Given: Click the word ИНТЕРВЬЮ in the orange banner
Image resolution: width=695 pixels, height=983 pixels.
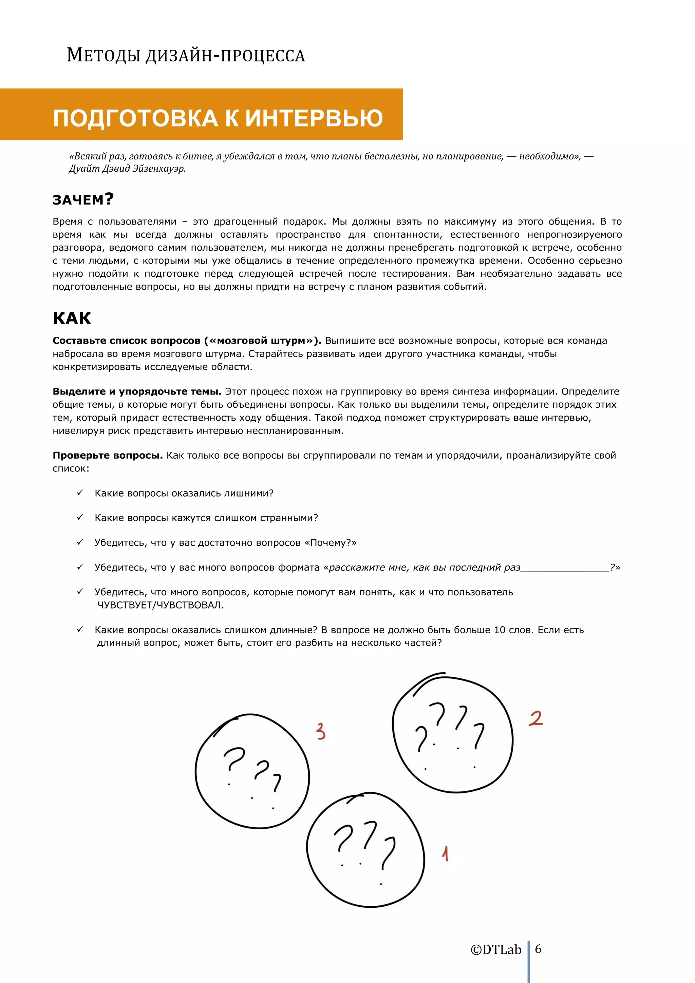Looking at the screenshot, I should tap(314, 118).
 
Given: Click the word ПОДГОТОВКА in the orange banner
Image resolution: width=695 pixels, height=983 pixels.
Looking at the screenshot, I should tap(135, 118).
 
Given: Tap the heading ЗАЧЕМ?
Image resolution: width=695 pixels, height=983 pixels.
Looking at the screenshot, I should tap(83, 199).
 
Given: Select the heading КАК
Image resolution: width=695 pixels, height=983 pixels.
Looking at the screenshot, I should tap(72, 319).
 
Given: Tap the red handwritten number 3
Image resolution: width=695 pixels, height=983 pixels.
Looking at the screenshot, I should tap(321, 731).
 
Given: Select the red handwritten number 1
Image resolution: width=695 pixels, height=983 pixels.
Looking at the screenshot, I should tap(445, 853).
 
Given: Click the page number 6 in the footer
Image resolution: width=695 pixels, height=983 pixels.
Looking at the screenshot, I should tap(538, 948).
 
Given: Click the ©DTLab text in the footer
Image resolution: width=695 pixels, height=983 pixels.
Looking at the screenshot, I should tap(496, 950).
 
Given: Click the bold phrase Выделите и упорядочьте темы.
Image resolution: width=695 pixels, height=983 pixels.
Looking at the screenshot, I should tap(137, 391).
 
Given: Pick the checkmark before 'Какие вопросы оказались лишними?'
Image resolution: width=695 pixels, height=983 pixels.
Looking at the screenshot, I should tap(80, 493).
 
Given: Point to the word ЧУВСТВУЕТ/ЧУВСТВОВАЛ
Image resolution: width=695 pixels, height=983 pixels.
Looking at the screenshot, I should tap(161, 605).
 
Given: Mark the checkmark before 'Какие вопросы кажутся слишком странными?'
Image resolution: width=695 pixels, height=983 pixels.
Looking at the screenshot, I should tap(80, 518).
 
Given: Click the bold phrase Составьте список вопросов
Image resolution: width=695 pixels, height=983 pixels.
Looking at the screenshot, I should tap(126, 341).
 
